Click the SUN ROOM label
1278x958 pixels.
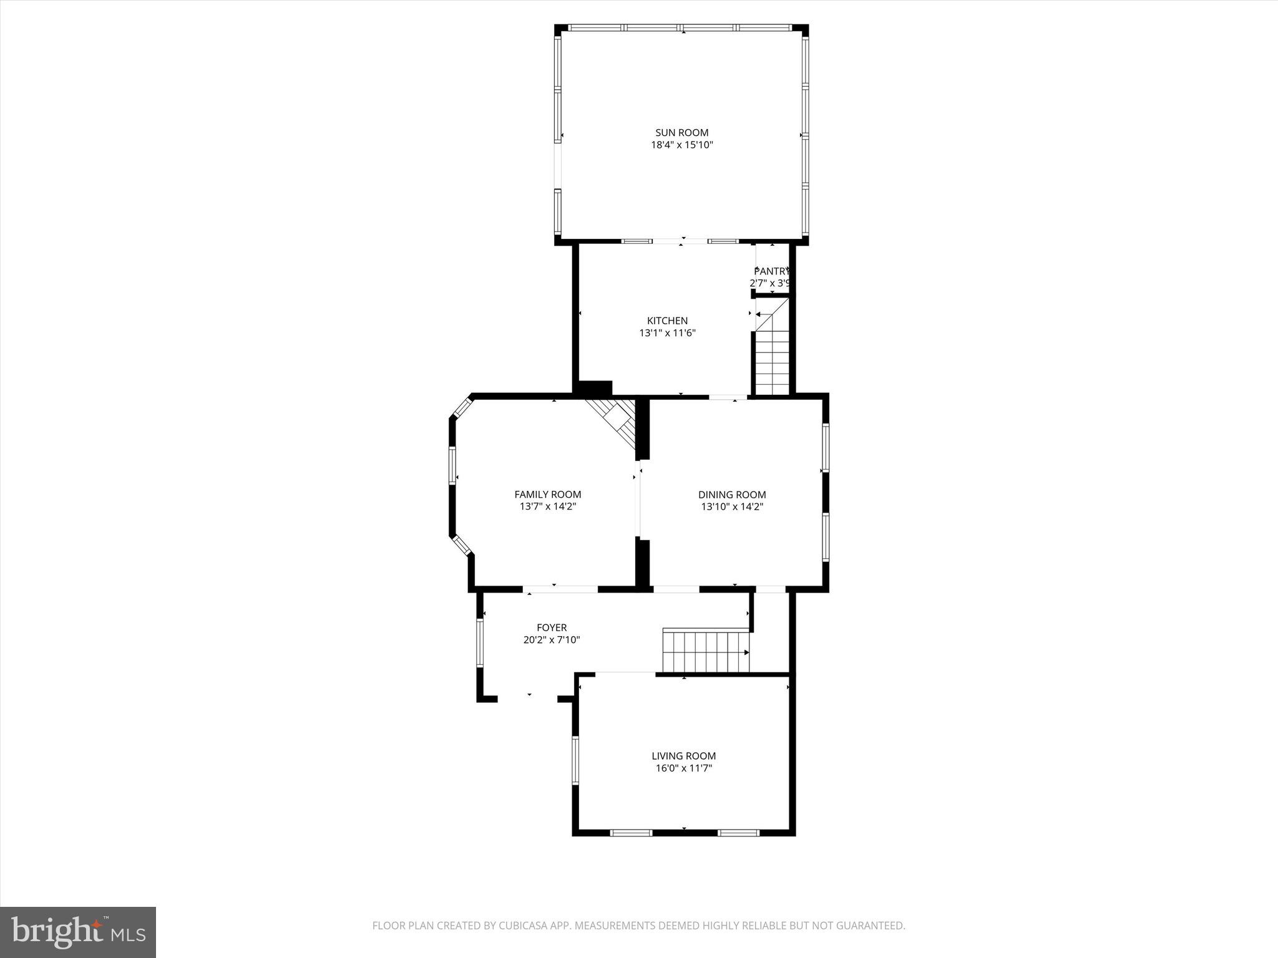point(681,133)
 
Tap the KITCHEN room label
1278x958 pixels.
point(667,321)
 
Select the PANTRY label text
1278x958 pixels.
point(771,271)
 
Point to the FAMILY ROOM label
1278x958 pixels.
point(547,495)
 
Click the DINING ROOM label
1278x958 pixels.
point(732,495)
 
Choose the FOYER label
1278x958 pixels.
point(552,627)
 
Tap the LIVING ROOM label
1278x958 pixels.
point(683,756)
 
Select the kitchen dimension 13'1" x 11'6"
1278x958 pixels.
point(667,333)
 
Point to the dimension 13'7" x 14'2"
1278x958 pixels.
point(547,506)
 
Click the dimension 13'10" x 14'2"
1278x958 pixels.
point(732,506)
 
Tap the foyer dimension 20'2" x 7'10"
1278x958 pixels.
point(552,639)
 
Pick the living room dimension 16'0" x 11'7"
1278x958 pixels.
point(683,768)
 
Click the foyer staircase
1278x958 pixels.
point(705,652)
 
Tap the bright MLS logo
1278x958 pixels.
point(78,932)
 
